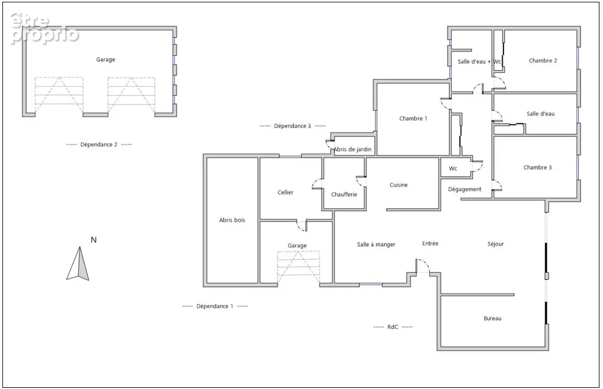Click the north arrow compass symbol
78,264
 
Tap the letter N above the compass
94,240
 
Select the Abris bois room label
232,220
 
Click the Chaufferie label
344,194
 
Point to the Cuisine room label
398,184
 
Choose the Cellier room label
285,192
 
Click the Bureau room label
492,318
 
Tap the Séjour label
495,244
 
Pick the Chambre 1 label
413,119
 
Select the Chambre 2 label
543,60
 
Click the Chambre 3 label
538,167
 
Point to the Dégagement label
465,189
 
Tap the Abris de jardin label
352,149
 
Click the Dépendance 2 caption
99,145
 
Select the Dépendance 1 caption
215,306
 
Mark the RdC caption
393,327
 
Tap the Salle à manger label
376,244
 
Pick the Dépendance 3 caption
293,126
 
